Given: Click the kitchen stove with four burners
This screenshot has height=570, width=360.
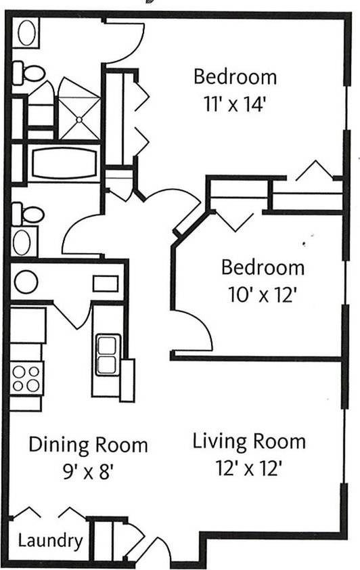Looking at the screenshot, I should click(26, 378).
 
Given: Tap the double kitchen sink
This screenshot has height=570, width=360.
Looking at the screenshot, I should click(108, 354).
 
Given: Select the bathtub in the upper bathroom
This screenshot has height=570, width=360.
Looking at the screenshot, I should click(64, 164).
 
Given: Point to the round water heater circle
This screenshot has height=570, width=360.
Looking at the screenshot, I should click(26, 282).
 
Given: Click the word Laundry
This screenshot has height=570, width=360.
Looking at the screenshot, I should click(50, 541).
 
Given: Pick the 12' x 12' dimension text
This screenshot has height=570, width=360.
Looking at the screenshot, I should click(249, 469).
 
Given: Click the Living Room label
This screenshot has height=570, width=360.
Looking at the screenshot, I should click(249, 442).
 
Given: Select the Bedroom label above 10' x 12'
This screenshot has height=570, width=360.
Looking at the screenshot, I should click(263, 267).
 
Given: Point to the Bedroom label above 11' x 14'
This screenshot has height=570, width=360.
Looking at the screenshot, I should click(235, 76).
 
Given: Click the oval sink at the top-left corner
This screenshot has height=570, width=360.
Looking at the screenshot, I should click(27, 33).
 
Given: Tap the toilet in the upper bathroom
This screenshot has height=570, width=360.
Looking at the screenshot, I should click(28, 70).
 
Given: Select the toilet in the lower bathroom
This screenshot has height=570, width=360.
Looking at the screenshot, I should click(27, 215).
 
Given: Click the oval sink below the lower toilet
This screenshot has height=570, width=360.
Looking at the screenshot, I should click(25, 242).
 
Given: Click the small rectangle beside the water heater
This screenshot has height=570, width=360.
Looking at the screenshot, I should click(105, 283).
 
